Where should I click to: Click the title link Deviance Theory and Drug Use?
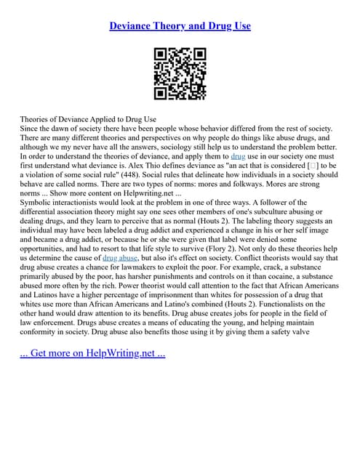tap(180, 25)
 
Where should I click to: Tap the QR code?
tap(180, 73)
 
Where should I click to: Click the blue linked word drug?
tap(238, 155)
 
